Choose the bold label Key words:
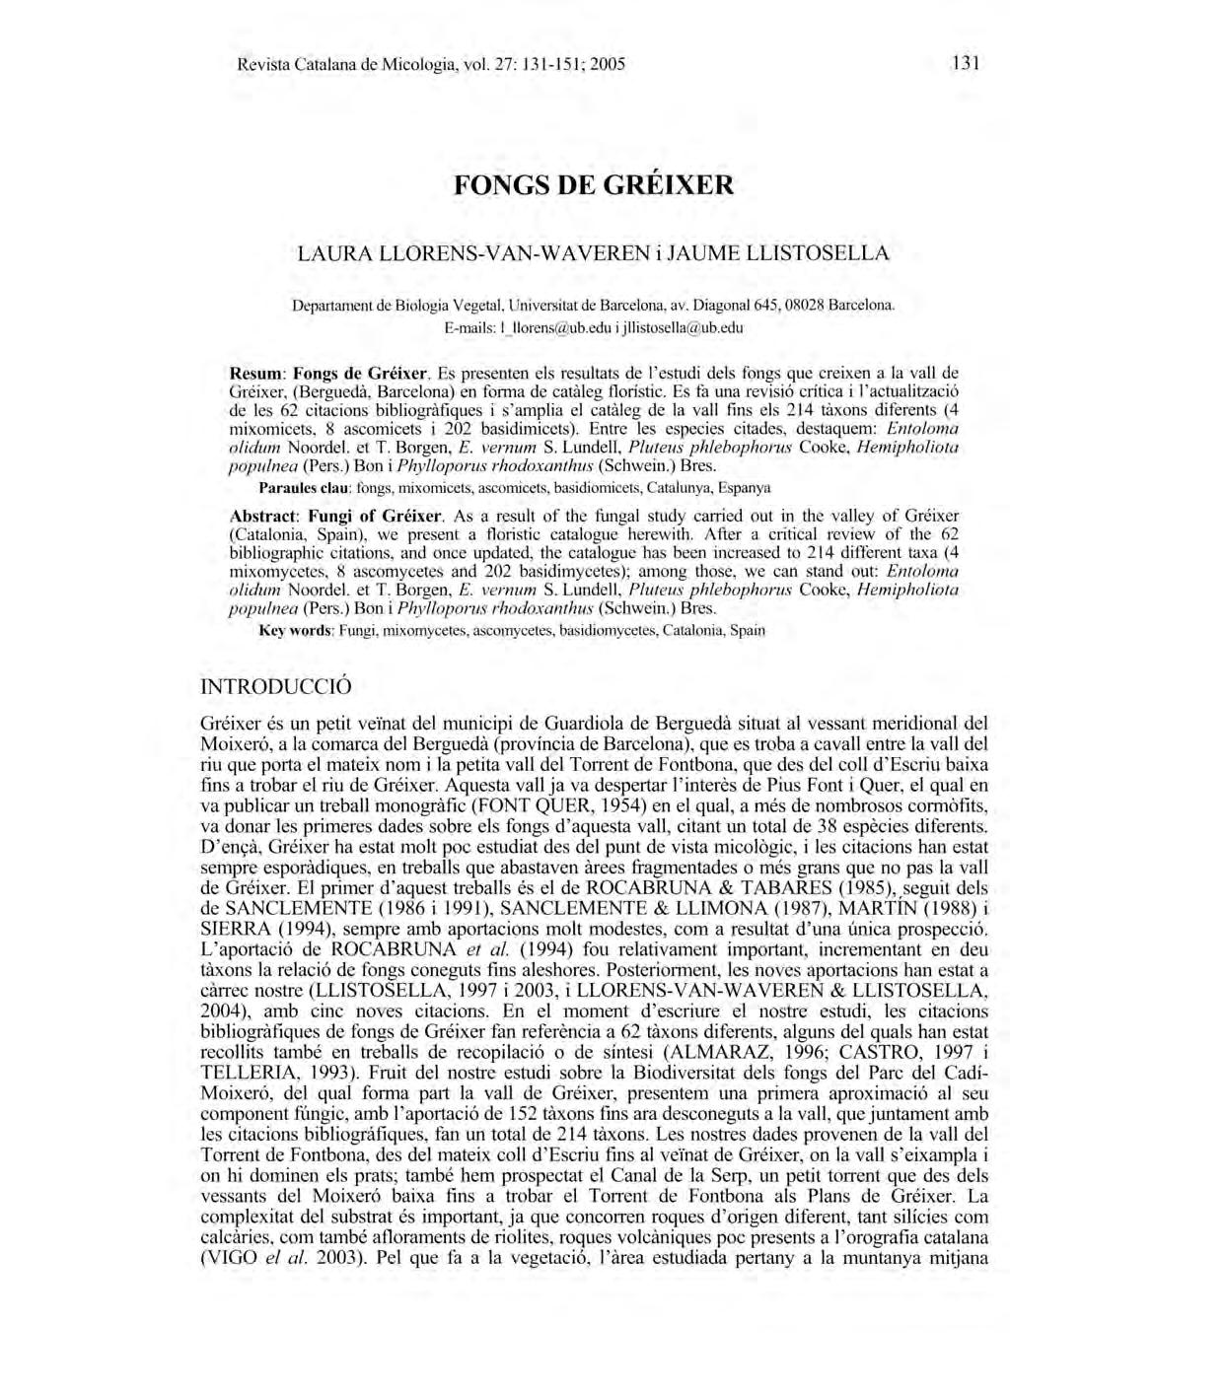(x=296, y=630)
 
